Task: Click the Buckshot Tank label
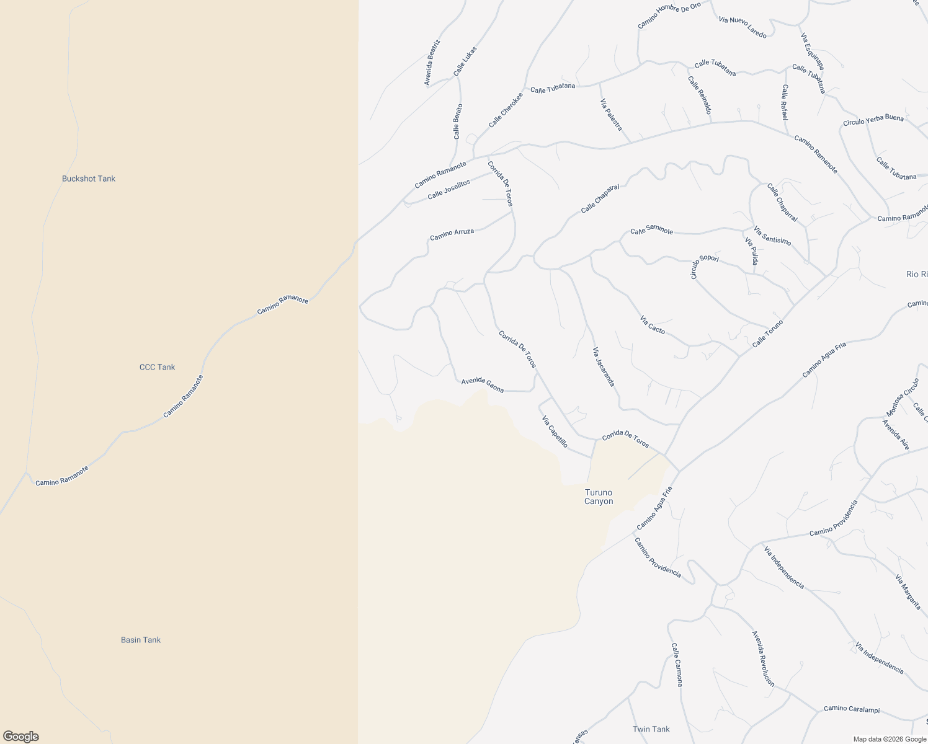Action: coord(89,179)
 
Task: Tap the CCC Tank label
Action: coord(157,367)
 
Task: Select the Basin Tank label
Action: coord(141,640)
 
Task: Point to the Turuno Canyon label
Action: coord(599,497)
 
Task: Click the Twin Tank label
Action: coord(651,729)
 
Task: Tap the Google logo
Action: coord(20,737)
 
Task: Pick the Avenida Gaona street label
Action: coord(482,385)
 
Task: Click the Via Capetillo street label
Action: coord(555,432)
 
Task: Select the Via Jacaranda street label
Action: coord(604,366)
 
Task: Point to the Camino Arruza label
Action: coord(452,234)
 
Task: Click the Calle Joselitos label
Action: coord(448,189)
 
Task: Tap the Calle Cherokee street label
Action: coord(505,110)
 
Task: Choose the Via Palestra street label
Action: coord(611,114)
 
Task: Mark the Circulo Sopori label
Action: coord(705,267)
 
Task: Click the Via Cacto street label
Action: coord(652,325)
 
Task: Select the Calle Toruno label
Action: coord(767,334)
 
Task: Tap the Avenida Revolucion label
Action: coord(762,658)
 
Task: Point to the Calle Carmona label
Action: coord(677,664)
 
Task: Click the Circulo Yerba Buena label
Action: coord(873,120)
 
